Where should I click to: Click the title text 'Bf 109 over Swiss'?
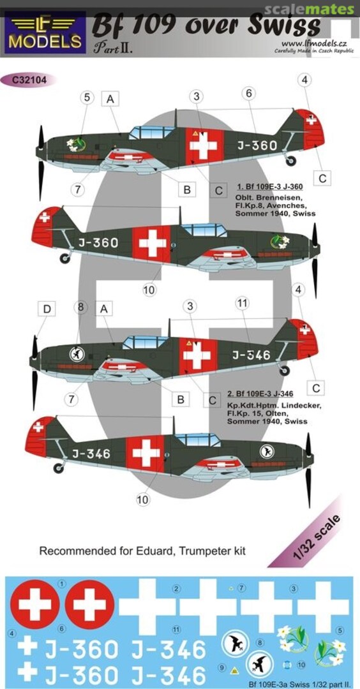pyautogui.click(x=206, y=26)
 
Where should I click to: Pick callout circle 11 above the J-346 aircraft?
pyautogui.click(x=241, y=304)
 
